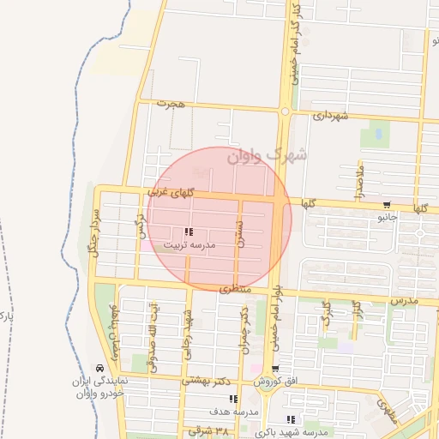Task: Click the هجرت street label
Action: tap(171, 104)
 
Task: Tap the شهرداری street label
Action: tap(329, 114)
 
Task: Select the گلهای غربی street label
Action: tap(171, 195)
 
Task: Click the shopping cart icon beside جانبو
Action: tap(388, 204)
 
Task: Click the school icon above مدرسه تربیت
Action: tap(189, 232)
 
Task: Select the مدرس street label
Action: tap(403, 301)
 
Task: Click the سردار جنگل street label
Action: tap(97, 229)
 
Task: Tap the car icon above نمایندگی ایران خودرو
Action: tap(101, 368)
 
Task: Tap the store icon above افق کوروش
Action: tap(287, 368)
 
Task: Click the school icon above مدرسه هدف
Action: tap(233, 399)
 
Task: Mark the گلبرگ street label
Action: tap(325, 315)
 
